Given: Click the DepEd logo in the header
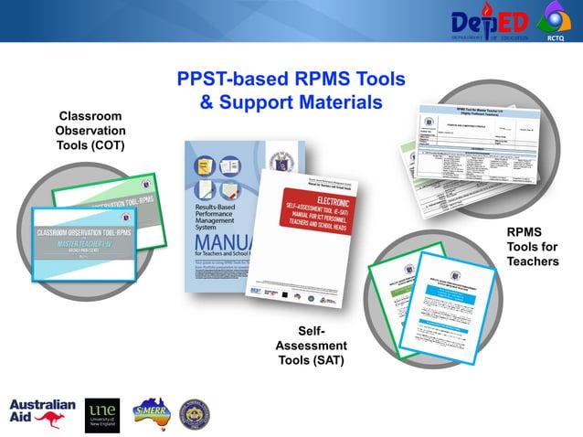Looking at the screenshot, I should point(490,21).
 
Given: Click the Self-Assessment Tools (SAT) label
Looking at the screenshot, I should point(312,345).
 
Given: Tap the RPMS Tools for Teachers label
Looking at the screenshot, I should point(532,247).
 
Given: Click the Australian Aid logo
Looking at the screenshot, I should point(42,413).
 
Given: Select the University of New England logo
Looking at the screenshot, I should point(101,413).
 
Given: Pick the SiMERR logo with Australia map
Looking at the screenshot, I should point(153,413).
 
